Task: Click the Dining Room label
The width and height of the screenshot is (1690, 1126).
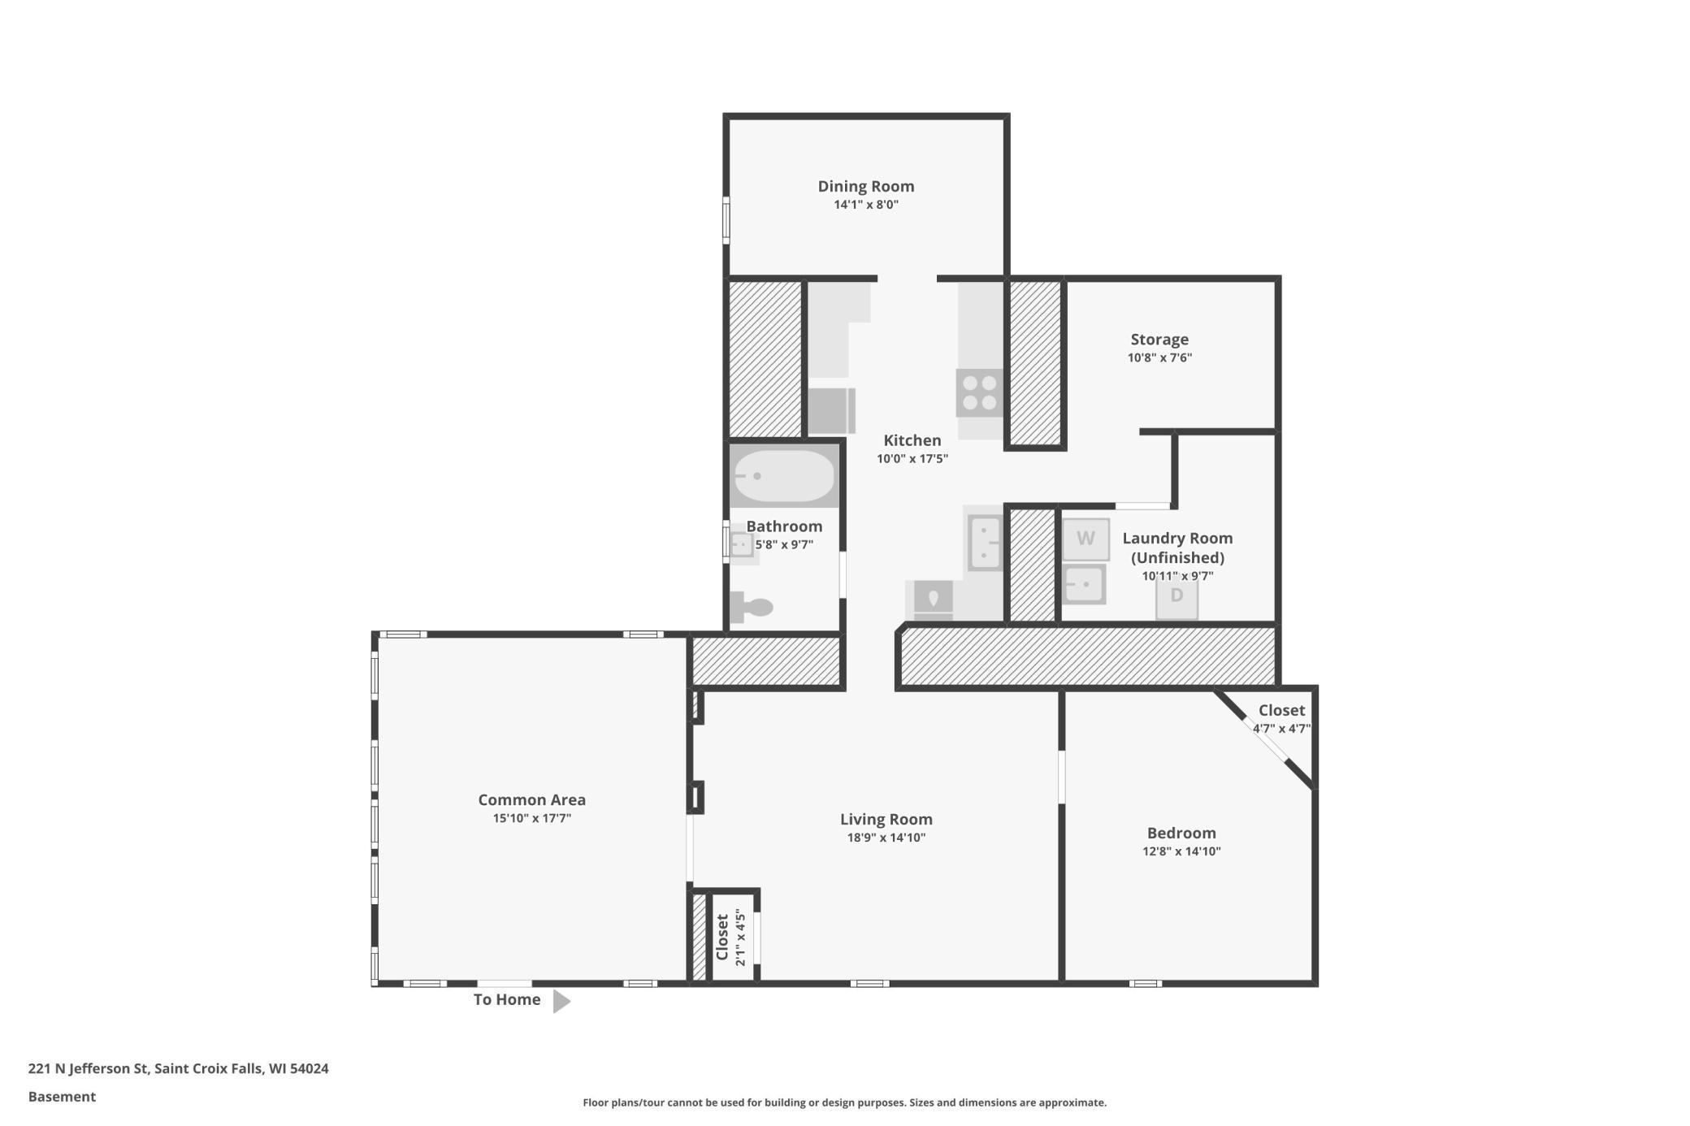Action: (x=865, y=186)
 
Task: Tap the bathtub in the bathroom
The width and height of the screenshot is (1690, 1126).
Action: (x=783, y=476)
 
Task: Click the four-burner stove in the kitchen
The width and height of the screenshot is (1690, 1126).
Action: (x=979, y=393)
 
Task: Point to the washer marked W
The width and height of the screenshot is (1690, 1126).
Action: (x=1085, y=539)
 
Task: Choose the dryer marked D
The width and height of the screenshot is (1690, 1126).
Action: (x=1176, y=596)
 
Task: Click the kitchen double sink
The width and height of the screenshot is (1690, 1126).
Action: (x=985, y=543)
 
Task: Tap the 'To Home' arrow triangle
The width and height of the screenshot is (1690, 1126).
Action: (x=561, y=1001)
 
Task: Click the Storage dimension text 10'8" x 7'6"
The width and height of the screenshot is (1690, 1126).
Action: (x=1159, y=357)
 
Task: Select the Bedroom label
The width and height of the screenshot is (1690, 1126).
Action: (x=1181, y=833)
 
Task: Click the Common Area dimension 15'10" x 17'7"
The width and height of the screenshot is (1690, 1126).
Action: (x=531, y=818)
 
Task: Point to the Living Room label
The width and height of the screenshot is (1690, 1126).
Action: (x=886, y=819)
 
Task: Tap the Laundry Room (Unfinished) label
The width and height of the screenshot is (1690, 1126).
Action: (x=1177, y=548)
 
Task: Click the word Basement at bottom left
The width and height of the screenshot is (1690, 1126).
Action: (x=62, y=1097)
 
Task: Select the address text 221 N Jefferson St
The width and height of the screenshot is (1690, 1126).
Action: (x=88, y=1068)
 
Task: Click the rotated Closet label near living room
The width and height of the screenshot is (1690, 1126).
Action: (x=721, y=937)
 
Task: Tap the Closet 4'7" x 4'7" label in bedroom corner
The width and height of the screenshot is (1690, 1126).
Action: (x=1281, y=718)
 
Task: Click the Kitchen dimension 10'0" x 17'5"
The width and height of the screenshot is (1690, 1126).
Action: (x=912, y=459)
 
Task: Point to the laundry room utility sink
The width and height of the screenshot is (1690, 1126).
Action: (x=1084, y=584)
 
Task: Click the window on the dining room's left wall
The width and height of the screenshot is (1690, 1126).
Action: (x=726, y=220)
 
